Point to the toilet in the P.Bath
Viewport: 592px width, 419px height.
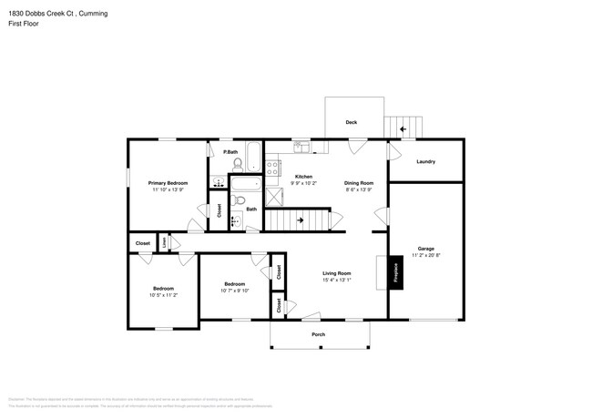pyautogui.click(x=237, y=164)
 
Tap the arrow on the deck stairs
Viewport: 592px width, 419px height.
pyautogui.click(x=402, y=129)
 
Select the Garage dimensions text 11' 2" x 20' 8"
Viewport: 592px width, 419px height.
pyautogui.click(x=425, y=256)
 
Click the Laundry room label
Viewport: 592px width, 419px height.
pyautogui.click(x=425, y=162)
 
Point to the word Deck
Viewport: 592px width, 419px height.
pyautogui.click(x=351, y=122)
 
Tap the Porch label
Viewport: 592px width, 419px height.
pyautogui.click(x=319, y=334)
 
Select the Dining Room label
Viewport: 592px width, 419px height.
pyautogui.click(x=359, y=183)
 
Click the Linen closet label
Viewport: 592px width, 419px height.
pyautogui.click(x=164, y=243)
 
